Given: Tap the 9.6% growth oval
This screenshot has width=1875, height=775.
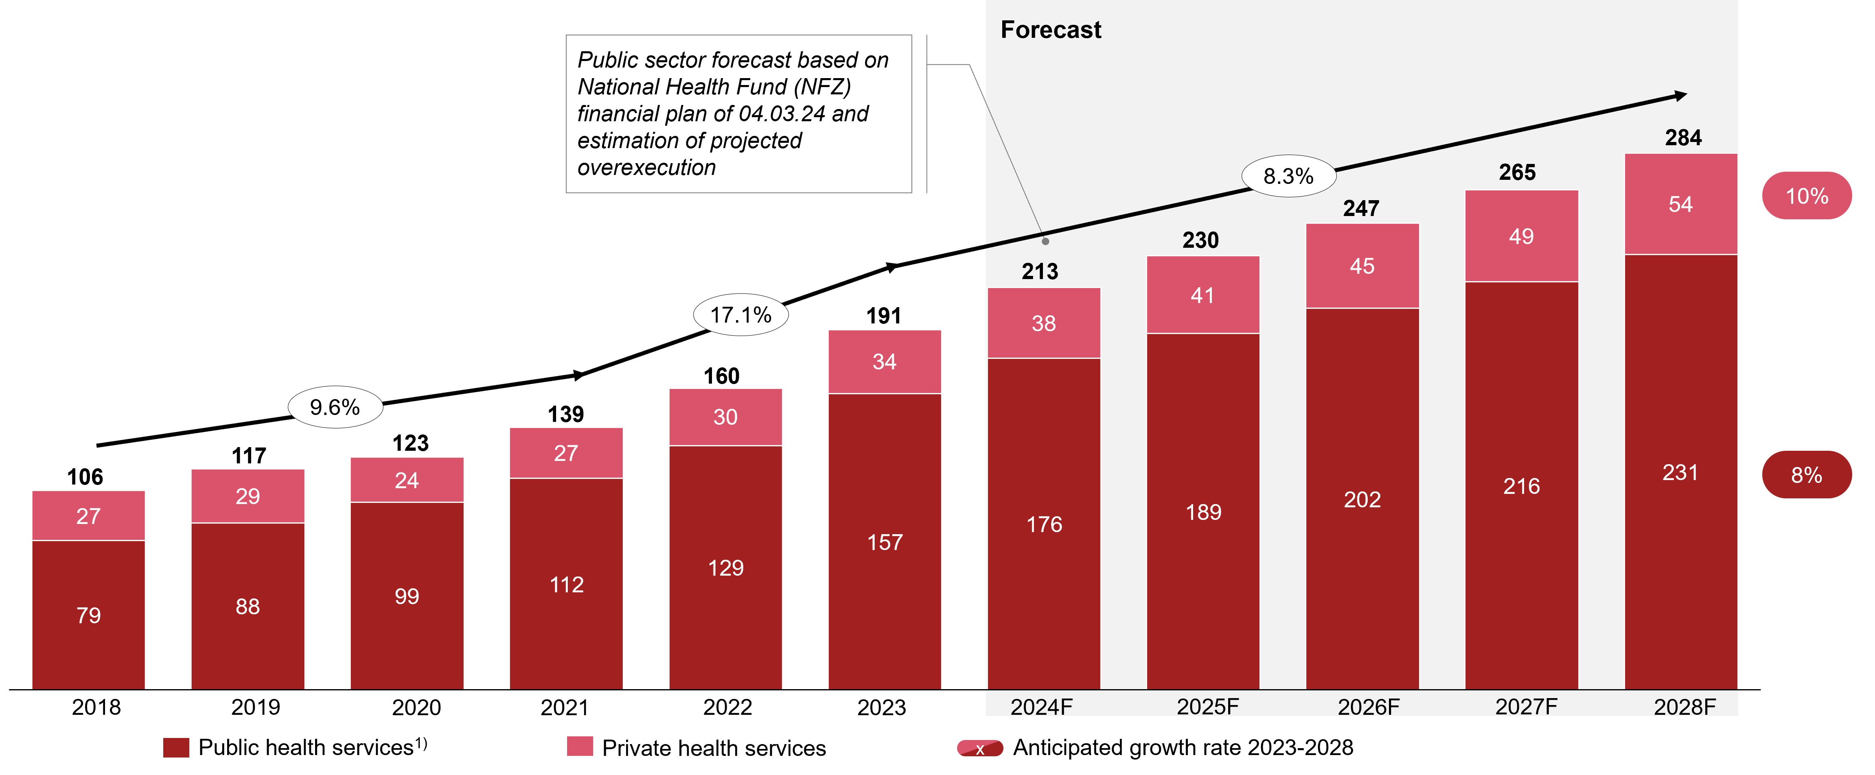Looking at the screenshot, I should [335, 407].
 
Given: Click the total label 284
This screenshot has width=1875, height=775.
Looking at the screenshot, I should [1683, 138].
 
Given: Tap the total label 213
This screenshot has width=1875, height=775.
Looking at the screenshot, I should [1039, 271].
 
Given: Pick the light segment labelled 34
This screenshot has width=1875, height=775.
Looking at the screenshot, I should [884, 362].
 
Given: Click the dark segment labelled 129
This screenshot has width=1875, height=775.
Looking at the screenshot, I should [726, 568].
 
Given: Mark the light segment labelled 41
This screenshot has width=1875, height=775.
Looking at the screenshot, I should [1203, 295].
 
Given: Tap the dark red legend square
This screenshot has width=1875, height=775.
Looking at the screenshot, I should [176, 747].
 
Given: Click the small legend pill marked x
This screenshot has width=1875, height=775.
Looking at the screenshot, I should [980, 748].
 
